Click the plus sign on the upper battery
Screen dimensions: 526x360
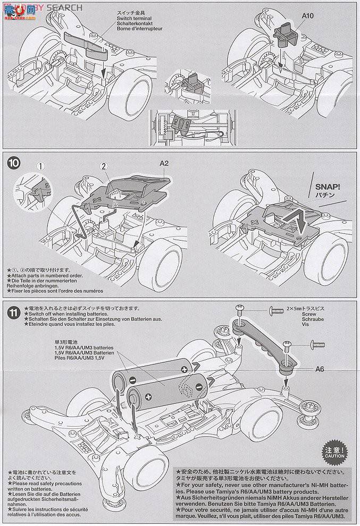point(185,369)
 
